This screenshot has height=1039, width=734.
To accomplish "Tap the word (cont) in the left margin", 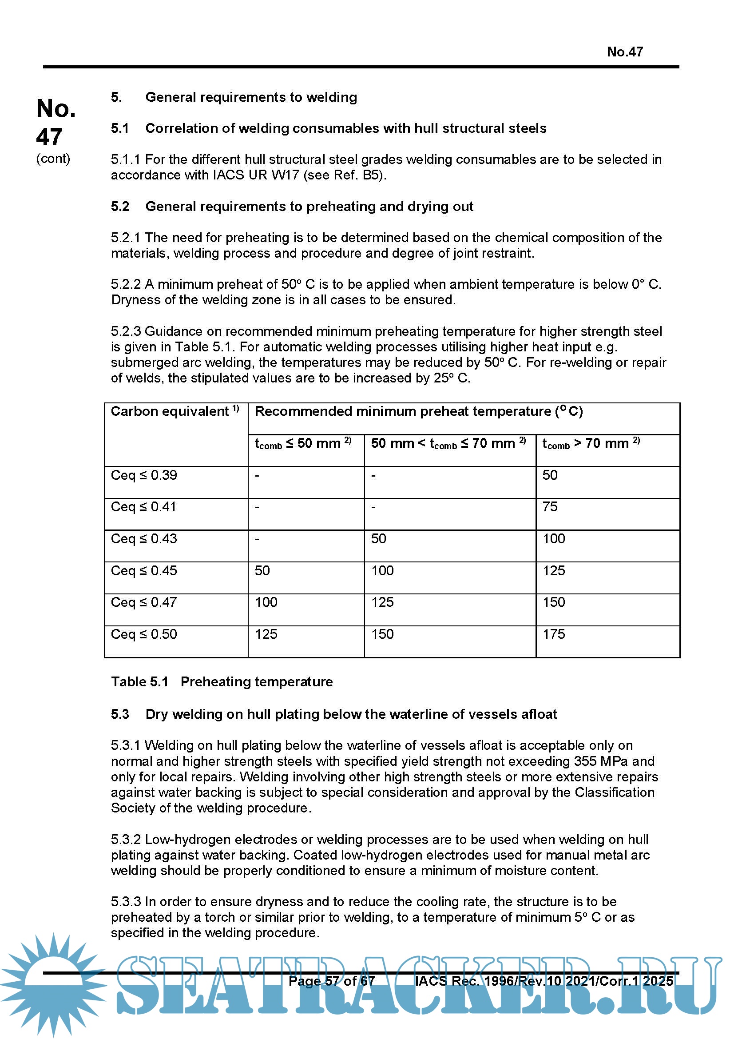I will tap(53, 159).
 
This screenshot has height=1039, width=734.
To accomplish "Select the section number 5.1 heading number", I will tap(120, 128).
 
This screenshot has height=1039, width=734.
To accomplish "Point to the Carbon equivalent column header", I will tap(170, 411).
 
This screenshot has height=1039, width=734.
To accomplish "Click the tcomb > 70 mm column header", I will tap(590, 443).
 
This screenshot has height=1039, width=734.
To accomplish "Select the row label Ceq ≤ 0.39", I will tap(144, 475).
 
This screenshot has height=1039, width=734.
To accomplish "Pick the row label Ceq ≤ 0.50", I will tap(144, 634).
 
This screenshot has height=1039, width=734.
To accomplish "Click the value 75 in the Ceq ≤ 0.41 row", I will tap(550, 507).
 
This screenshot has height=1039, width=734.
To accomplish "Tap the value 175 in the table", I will tap(554, 634).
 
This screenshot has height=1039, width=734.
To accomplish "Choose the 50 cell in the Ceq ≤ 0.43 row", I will tap(378, 538).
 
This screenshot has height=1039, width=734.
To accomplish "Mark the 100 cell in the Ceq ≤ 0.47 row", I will tap(266, 602).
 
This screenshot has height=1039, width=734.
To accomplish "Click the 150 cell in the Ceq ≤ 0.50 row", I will tap(382, 634).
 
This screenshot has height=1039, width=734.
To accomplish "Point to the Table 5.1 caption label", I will tap(139, 682).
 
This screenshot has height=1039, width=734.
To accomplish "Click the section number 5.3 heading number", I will tap(120, 714).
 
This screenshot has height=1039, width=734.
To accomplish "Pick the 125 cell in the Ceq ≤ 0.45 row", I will tap(554, 571).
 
